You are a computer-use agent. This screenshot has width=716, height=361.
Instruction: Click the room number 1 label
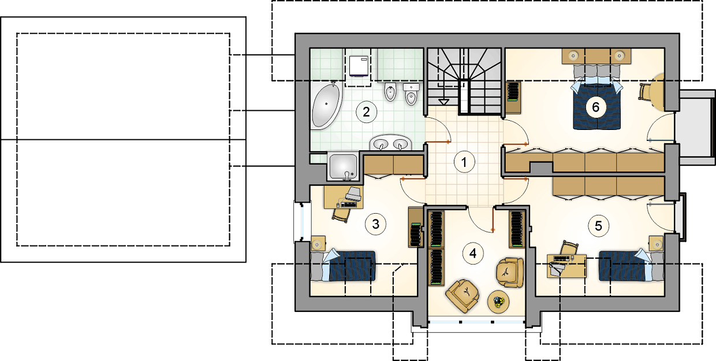pos(464,162)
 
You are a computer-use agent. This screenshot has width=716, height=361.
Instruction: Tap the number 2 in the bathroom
pos(366,112)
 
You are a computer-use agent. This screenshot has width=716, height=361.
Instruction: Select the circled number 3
pos(375,225)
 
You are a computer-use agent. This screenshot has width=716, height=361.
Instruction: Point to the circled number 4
pos(473,254)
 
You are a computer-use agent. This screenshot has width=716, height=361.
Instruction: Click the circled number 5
pos(598,226)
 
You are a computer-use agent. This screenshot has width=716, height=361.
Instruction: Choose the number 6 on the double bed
pos(596,107)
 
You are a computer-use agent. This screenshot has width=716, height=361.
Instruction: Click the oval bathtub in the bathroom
pos(326,105)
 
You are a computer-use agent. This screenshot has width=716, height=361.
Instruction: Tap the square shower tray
pos(344,166)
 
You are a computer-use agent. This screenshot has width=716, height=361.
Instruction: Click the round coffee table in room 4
pos(498,302)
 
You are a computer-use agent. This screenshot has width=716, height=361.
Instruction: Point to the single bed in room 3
pos(343,266)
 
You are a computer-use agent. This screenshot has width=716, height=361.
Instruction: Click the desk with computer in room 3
pos(344,198)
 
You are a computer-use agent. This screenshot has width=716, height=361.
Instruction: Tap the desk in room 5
pos(566,266)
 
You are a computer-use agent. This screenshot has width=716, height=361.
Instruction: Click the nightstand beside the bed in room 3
pos(318,244)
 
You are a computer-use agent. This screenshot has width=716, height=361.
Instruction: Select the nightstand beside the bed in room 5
pos(657,244)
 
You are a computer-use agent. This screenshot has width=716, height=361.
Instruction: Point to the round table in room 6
pos(657,92)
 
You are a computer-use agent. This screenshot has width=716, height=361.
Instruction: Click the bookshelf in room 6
pos(514,98)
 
